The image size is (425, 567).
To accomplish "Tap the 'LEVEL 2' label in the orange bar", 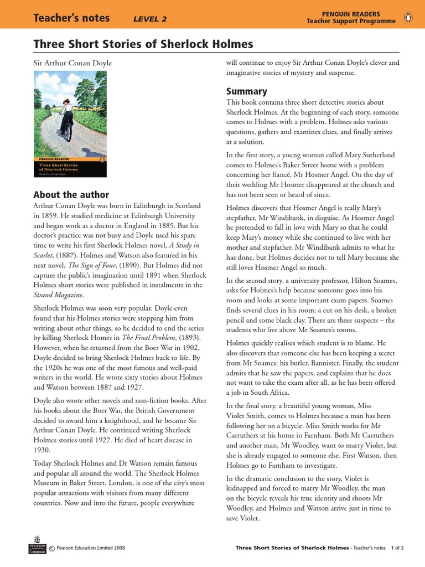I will [150, 19].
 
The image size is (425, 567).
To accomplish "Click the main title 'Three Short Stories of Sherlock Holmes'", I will [143, 44].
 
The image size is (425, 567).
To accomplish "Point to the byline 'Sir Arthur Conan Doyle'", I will [72, 63].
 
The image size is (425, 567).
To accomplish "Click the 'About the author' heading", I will [71, 194].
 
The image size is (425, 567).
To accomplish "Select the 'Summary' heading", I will [246, 91].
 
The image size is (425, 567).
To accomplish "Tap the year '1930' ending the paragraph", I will [43, 450].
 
